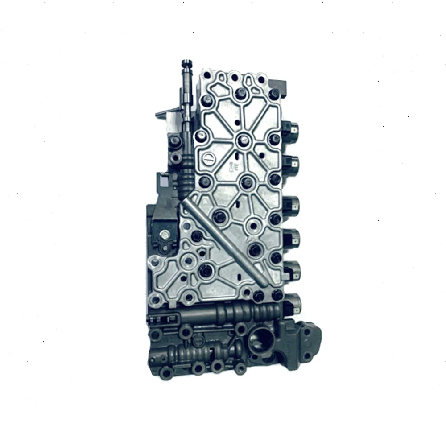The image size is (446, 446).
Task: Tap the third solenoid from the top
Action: click(x=292, y=206)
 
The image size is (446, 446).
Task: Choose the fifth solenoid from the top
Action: click(x=293, y=270)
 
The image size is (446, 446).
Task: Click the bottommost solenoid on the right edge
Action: click(x=293, y=303)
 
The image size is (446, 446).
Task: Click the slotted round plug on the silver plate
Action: click(x=208, y=159)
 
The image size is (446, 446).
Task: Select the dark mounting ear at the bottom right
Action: click(x=308, y=341)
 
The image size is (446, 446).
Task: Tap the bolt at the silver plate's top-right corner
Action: click(x=274, y=94)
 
